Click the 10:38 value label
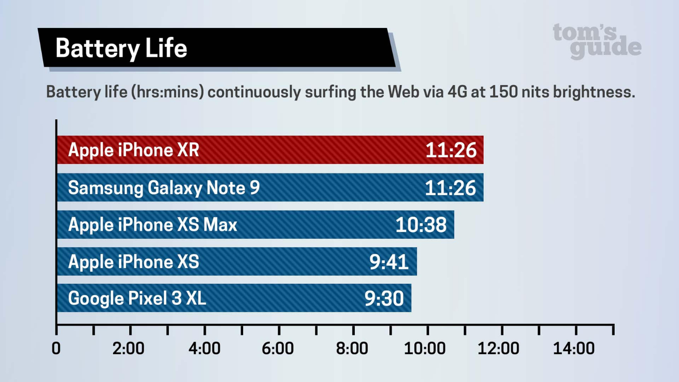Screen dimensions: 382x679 click(421, 225)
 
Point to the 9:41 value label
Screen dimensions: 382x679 click(389, 262)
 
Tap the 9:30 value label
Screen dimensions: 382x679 click(384, 299)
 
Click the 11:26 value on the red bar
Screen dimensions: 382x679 click(451, 150)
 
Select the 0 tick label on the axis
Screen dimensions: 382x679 click(56, 349)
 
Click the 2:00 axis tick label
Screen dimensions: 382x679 click(129, 349)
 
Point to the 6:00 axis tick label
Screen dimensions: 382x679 click(278, 349)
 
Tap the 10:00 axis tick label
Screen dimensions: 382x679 click(425, 349)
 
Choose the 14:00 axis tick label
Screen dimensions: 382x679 click(574, 349)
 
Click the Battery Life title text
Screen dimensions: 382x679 click(121, 49)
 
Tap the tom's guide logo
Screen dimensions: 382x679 click(597, 41)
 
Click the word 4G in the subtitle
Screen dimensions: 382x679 click(457, 92)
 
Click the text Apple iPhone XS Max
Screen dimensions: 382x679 click(152, 225)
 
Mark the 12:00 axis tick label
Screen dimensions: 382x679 click(498, 349)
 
